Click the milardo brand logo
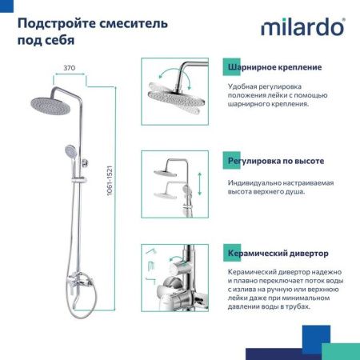302,29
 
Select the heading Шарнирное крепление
274,67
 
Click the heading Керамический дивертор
278,254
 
